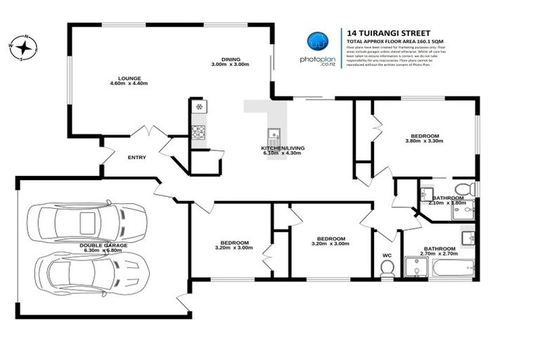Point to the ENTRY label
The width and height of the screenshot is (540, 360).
136,157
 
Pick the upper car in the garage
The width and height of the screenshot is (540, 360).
89,221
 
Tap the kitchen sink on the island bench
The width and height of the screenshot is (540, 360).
274,133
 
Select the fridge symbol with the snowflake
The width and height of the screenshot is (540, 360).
198,107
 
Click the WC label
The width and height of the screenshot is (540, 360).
387,255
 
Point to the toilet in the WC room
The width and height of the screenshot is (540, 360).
387,268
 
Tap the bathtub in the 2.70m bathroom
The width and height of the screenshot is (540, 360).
451,269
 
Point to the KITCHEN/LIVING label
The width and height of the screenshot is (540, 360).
281,148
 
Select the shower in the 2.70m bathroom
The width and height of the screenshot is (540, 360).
417,267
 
